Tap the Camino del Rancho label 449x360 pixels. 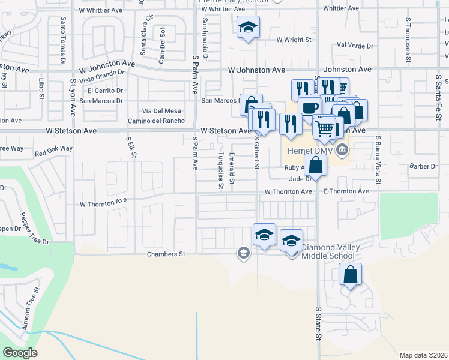tap(156, 121)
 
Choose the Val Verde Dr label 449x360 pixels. tap(355, 45)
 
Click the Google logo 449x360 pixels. tap(20, 353)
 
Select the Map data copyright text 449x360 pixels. tap(423, 355)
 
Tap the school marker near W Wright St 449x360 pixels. tap(248, 27)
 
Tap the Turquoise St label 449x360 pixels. tap(221, 170)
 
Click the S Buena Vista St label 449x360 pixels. tap(378, 161)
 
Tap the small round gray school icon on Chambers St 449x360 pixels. tap(243, 253)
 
